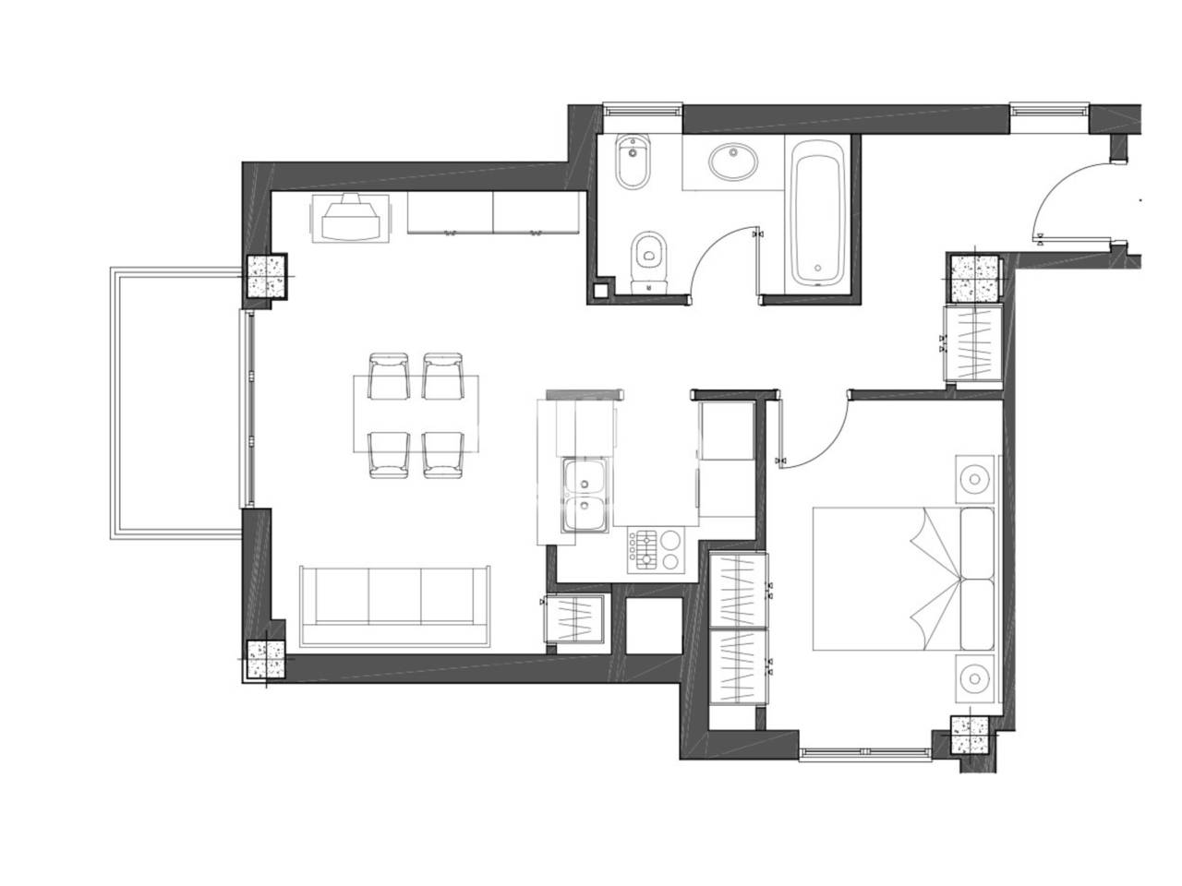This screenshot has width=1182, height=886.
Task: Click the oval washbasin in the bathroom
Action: coord(735,163)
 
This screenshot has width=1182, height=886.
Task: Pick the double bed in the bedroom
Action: coord(905,578)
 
